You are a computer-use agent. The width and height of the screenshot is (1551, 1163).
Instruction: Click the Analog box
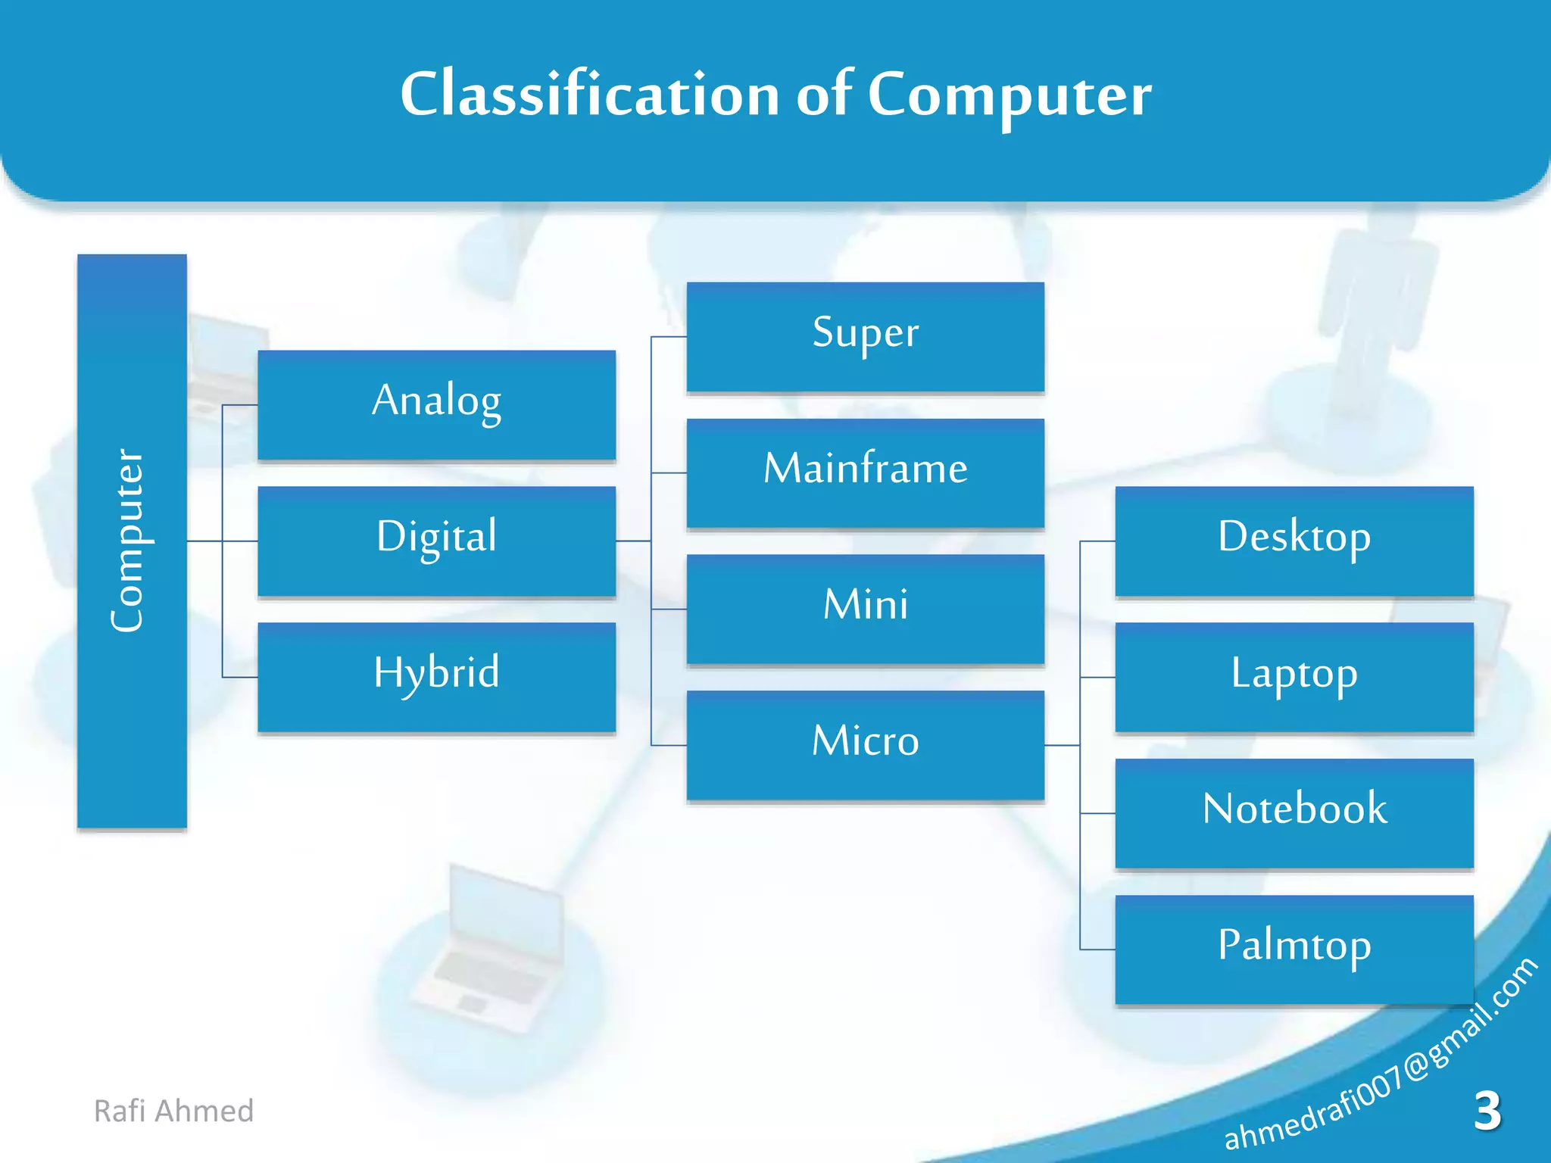436,404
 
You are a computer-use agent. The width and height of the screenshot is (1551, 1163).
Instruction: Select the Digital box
436,541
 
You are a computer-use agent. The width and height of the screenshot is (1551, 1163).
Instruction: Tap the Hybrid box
436,676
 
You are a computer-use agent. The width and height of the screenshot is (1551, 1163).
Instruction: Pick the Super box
865,336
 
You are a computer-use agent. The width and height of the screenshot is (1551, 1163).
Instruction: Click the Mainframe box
865,472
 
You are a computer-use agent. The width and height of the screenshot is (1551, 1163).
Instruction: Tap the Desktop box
1294,541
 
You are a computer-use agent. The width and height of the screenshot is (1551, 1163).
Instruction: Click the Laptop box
1294,676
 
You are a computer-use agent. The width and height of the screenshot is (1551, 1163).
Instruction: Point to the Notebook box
1294,812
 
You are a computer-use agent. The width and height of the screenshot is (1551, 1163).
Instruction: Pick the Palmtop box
1294,949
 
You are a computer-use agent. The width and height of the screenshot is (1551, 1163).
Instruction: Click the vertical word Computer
127,541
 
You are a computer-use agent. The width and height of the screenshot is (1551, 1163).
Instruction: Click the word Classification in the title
589,94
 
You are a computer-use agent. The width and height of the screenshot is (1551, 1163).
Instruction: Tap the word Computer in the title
1009,95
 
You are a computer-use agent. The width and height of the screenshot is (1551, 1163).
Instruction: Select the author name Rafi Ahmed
173,1111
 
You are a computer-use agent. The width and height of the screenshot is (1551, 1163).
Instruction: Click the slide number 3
1487,1111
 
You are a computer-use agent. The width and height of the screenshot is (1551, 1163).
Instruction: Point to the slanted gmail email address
1380,1056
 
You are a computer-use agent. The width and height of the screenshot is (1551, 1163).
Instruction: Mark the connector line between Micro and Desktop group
1062,745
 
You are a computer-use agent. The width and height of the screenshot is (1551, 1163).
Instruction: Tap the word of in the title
824,94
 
